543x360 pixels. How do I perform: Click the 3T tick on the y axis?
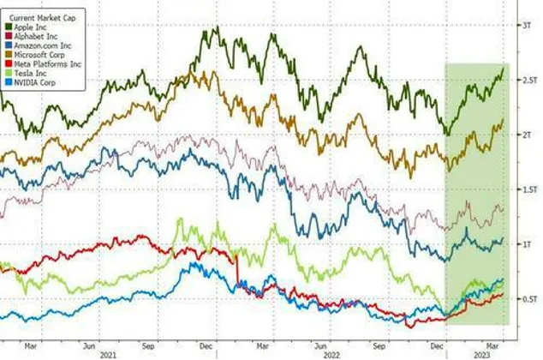pos(527,26)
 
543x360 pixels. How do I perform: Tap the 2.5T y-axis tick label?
pos(528,80)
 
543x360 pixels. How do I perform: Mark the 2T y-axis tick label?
pos(527,135)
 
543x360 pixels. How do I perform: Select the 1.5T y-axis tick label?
pos(528,189)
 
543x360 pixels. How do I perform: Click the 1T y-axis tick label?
pos(527,244)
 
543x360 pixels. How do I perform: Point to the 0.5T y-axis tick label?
pos(528,299)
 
